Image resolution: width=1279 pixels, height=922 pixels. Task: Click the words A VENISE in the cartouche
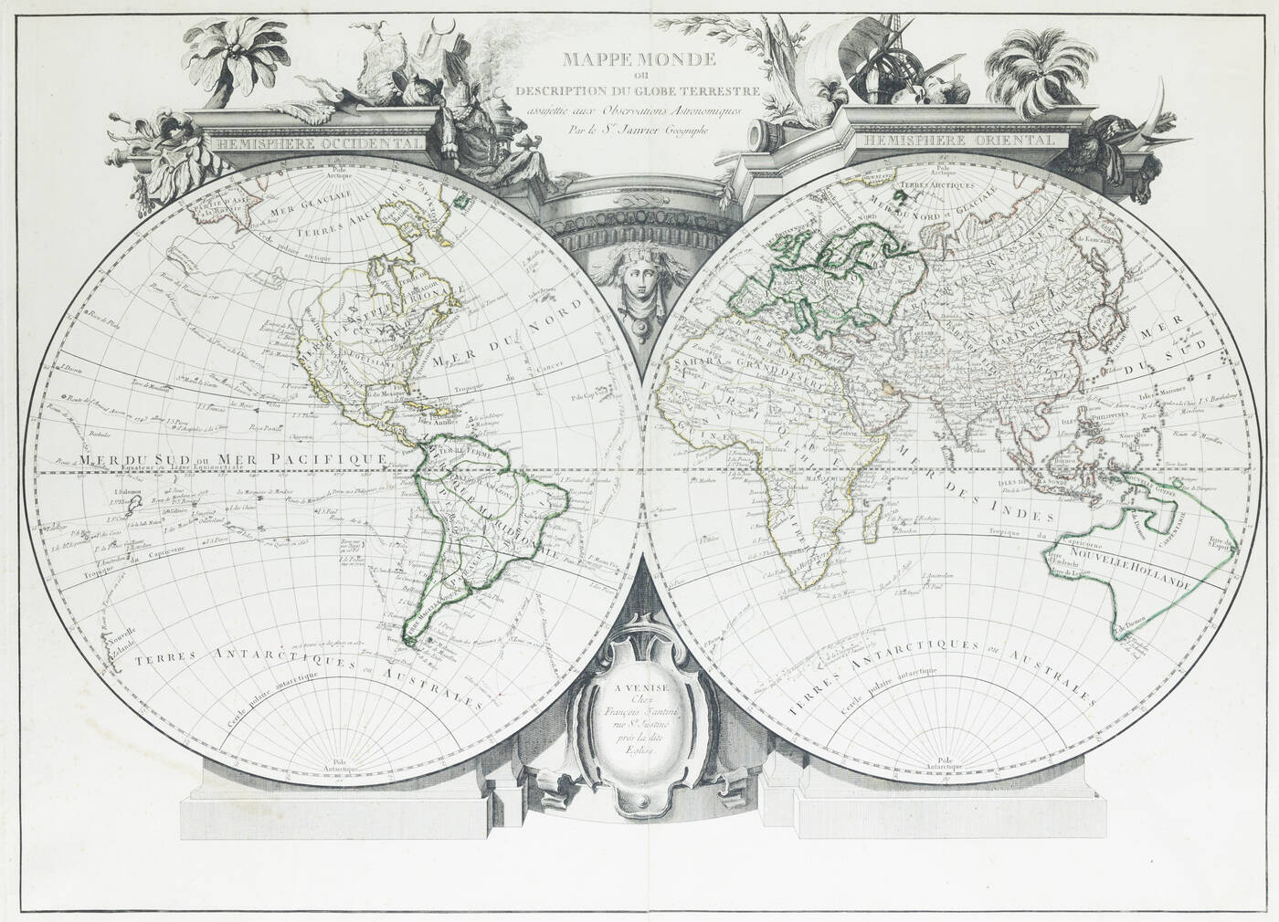tap(634, 686)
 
